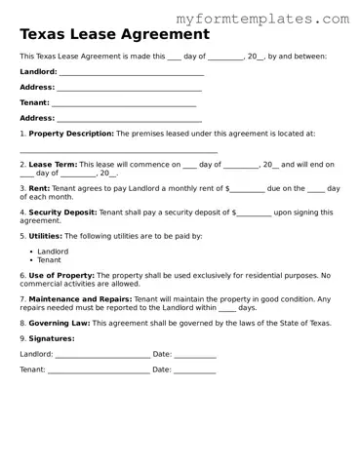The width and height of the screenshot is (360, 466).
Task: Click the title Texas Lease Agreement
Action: pyautogui.click(x=114, y=34)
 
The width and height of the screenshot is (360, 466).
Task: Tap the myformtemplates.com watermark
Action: pyautogui.click(x=261, y=18)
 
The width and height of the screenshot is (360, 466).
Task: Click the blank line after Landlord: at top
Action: pyautogui.click(x=131, y=73)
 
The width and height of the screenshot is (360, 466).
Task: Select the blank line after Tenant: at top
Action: pyautogui.click(x=124, y=104)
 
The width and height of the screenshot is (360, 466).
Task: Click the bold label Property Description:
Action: pyautogui.click(x=71, y=133)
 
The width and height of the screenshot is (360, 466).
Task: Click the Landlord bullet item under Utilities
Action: pyautogui.click(x=53, y=252)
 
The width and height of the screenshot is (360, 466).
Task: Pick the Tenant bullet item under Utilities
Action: pyautogui.click(x=49, y=260)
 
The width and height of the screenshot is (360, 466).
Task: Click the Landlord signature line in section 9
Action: pyautogui.click(x=102, y=356)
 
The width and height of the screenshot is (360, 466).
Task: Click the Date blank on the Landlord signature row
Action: pyautogui.click(x=195, y=356)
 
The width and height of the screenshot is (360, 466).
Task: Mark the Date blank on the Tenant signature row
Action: pyautogui.click(x=195, y=371)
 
